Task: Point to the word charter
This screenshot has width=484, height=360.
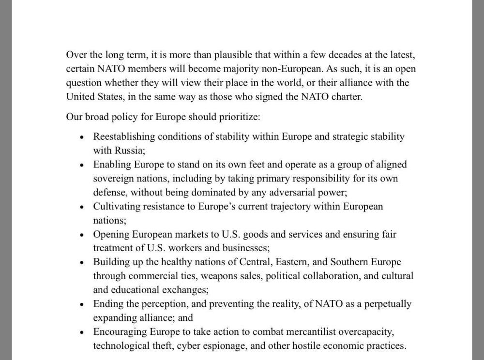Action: click(346, 97)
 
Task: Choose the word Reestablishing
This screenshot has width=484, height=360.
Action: click(124, 137)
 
